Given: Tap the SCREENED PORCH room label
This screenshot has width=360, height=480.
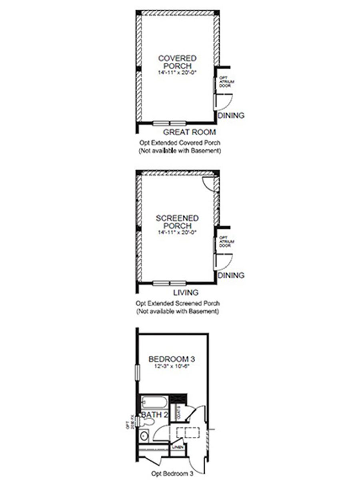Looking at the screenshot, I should click(x=177, y=222).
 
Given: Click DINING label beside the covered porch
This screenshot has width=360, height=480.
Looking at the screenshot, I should click(x=231, y=116).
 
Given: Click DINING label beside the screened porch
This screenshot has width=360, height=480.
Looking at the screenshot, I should click(x=231, y=276).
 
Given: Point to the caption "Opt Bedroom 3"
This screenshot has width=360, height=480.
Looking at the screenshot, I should click(x=172, y=474).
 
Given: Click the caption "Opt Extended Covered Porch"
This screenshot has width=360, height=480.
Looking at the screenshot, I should click(x=180, y=143).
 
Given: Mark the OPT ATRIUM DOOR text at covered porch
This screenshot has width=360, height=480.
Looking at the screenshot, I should click(x=224, y=82).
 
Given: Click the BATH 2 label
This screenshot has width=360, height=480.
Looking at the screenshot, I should click(x=154, y=414).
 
